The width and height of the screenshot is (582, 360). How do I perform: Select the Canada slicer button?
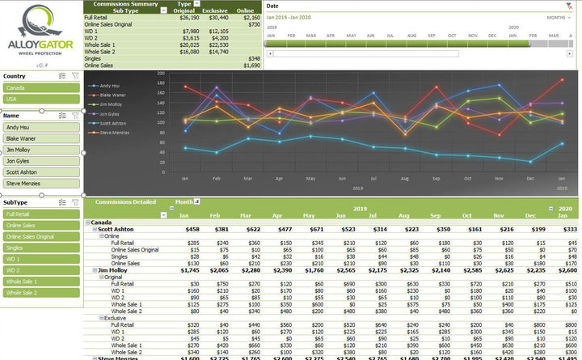pos(40,87)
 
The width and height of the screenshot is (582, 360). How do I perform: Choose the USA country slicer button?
pos(40,100)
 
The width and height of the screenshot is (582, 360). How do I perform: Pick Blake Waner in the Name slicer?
pos(40,138)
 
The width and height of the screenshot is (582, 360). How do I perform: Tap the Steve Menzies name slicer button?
pos(40,184)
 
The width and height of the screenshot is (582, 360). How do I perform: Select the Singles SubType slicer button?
pos(40,248)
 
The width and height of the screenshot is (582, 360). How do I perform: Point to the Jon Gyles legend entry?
pos(111,114)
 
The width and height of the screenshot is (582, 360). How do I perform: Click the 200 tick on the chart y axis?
pos(161,73)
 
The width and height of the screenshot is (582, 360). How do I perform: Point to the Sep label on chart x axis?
pos(435,178)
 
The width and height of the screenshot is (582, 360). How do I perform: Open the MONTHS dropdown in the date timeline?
pos(559,16)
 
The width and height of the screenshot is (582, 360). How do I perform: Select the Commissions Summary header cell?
pos(125,4)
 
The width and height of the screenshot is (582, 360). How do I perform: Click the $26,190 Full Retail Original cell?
pos(190,16)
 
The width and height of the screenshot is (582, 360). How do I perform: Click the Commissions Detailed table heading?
pos(125,202)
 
